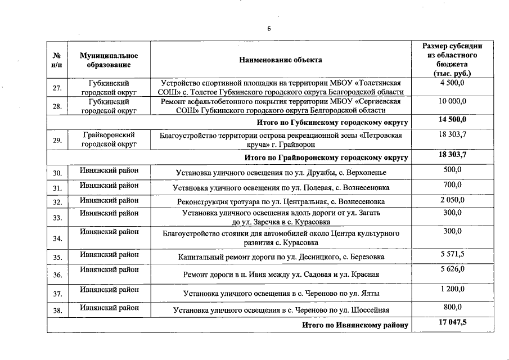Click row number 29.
(57, 141)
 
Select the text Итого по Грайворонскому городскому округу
(326, 157)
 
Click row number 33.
(57, 218)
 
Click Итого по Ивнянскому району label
(354, 326)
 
